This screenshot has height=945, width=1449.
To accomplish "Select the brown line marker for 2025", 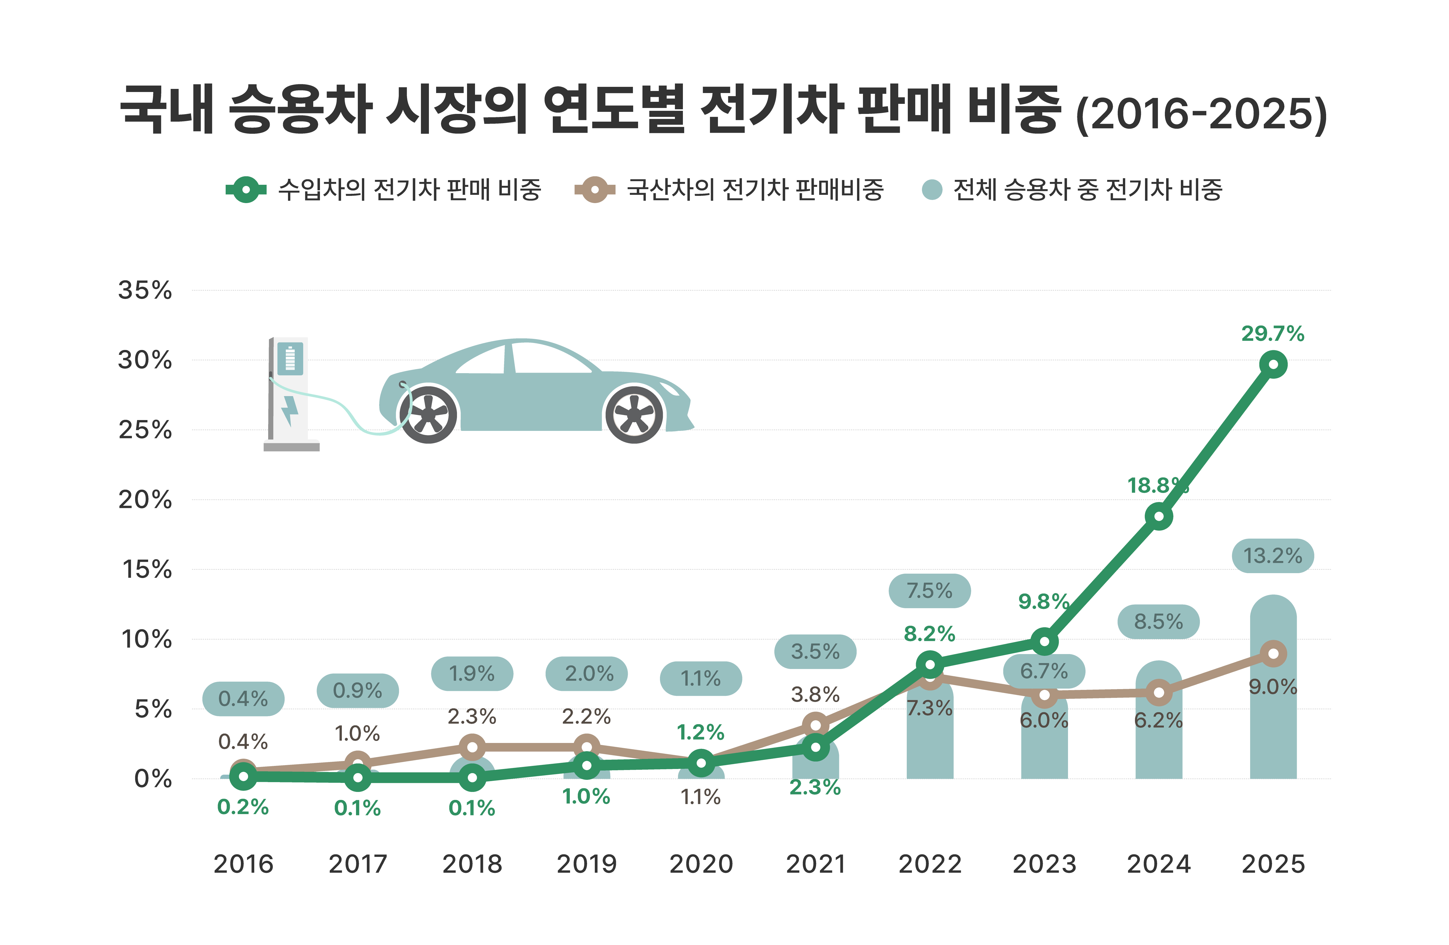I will [1273, 653].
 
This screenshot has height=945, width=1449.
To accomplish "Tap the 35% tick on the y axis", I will [145, 290].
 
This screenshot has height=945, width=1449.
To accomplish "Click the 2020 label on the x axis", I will [701, 864].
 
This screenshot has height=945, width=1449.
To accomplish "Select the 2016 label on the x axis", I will [243, 864].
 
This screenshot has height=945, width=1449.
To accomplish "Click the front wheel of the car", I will [634, 414].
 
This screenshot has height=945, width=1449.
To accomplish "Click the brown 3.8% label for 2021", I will [815, 694].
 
